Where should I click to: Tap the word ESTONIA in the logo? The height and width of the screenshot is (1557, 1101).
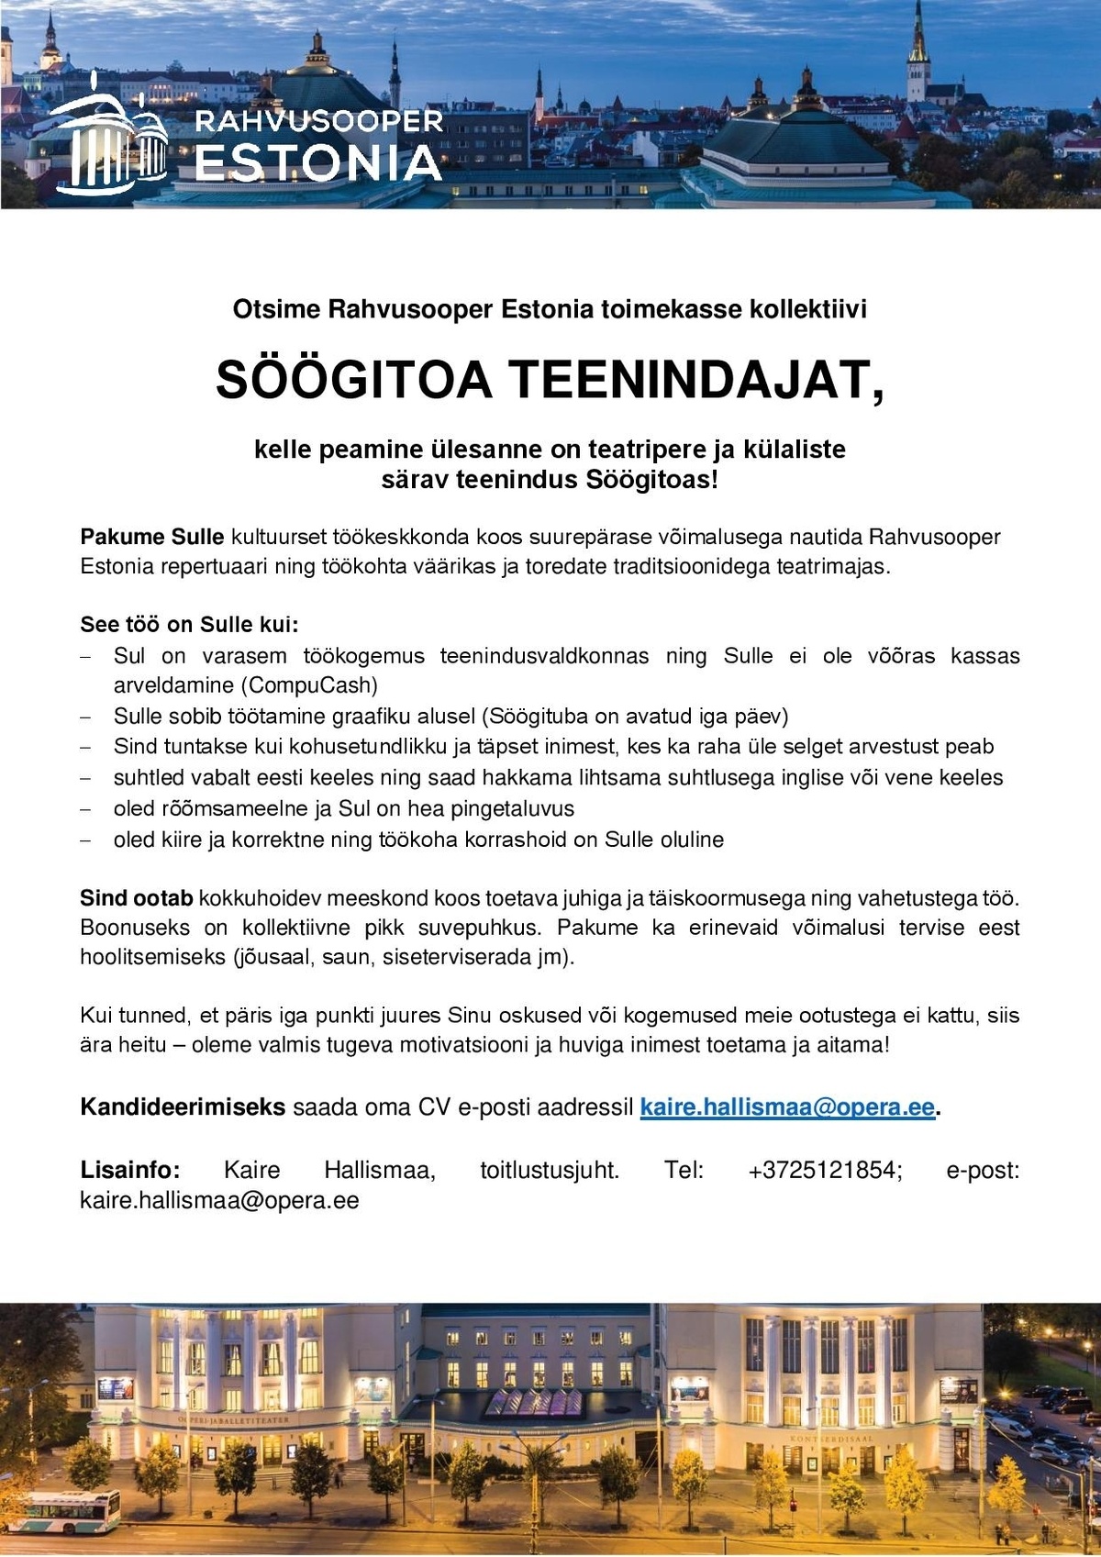click(318, 163)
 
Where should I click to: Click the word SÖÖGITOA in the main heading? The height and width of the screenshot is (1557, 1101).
click(354, 381)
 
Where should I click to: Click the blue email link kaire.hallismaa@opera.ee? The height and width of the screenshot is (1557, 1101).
click(787, 1107)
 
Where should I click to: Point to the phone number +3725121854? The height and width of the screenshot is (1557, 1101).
click(825, 1171)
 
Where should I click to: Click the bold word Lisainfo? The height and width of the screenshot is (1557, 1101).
click(130, 1171)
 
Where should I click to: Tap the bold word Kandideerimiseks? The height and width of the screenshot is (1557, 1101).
click(183, 1107)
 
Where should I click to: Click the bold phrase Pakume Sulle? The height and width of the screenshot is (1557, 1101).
click(151, 537)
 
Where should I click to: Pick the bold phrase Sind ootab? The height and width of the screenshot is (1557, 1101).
click(137, 898)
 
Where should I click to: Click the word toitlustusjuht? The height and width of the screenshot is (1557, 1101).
click(550, 1171)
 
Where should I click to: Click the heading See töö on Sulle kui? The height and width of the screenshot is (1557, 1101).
click(189, 625)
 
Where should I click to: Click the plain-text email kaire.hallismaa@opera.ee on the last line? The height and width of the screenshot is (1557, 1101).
click(219, 1201)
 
